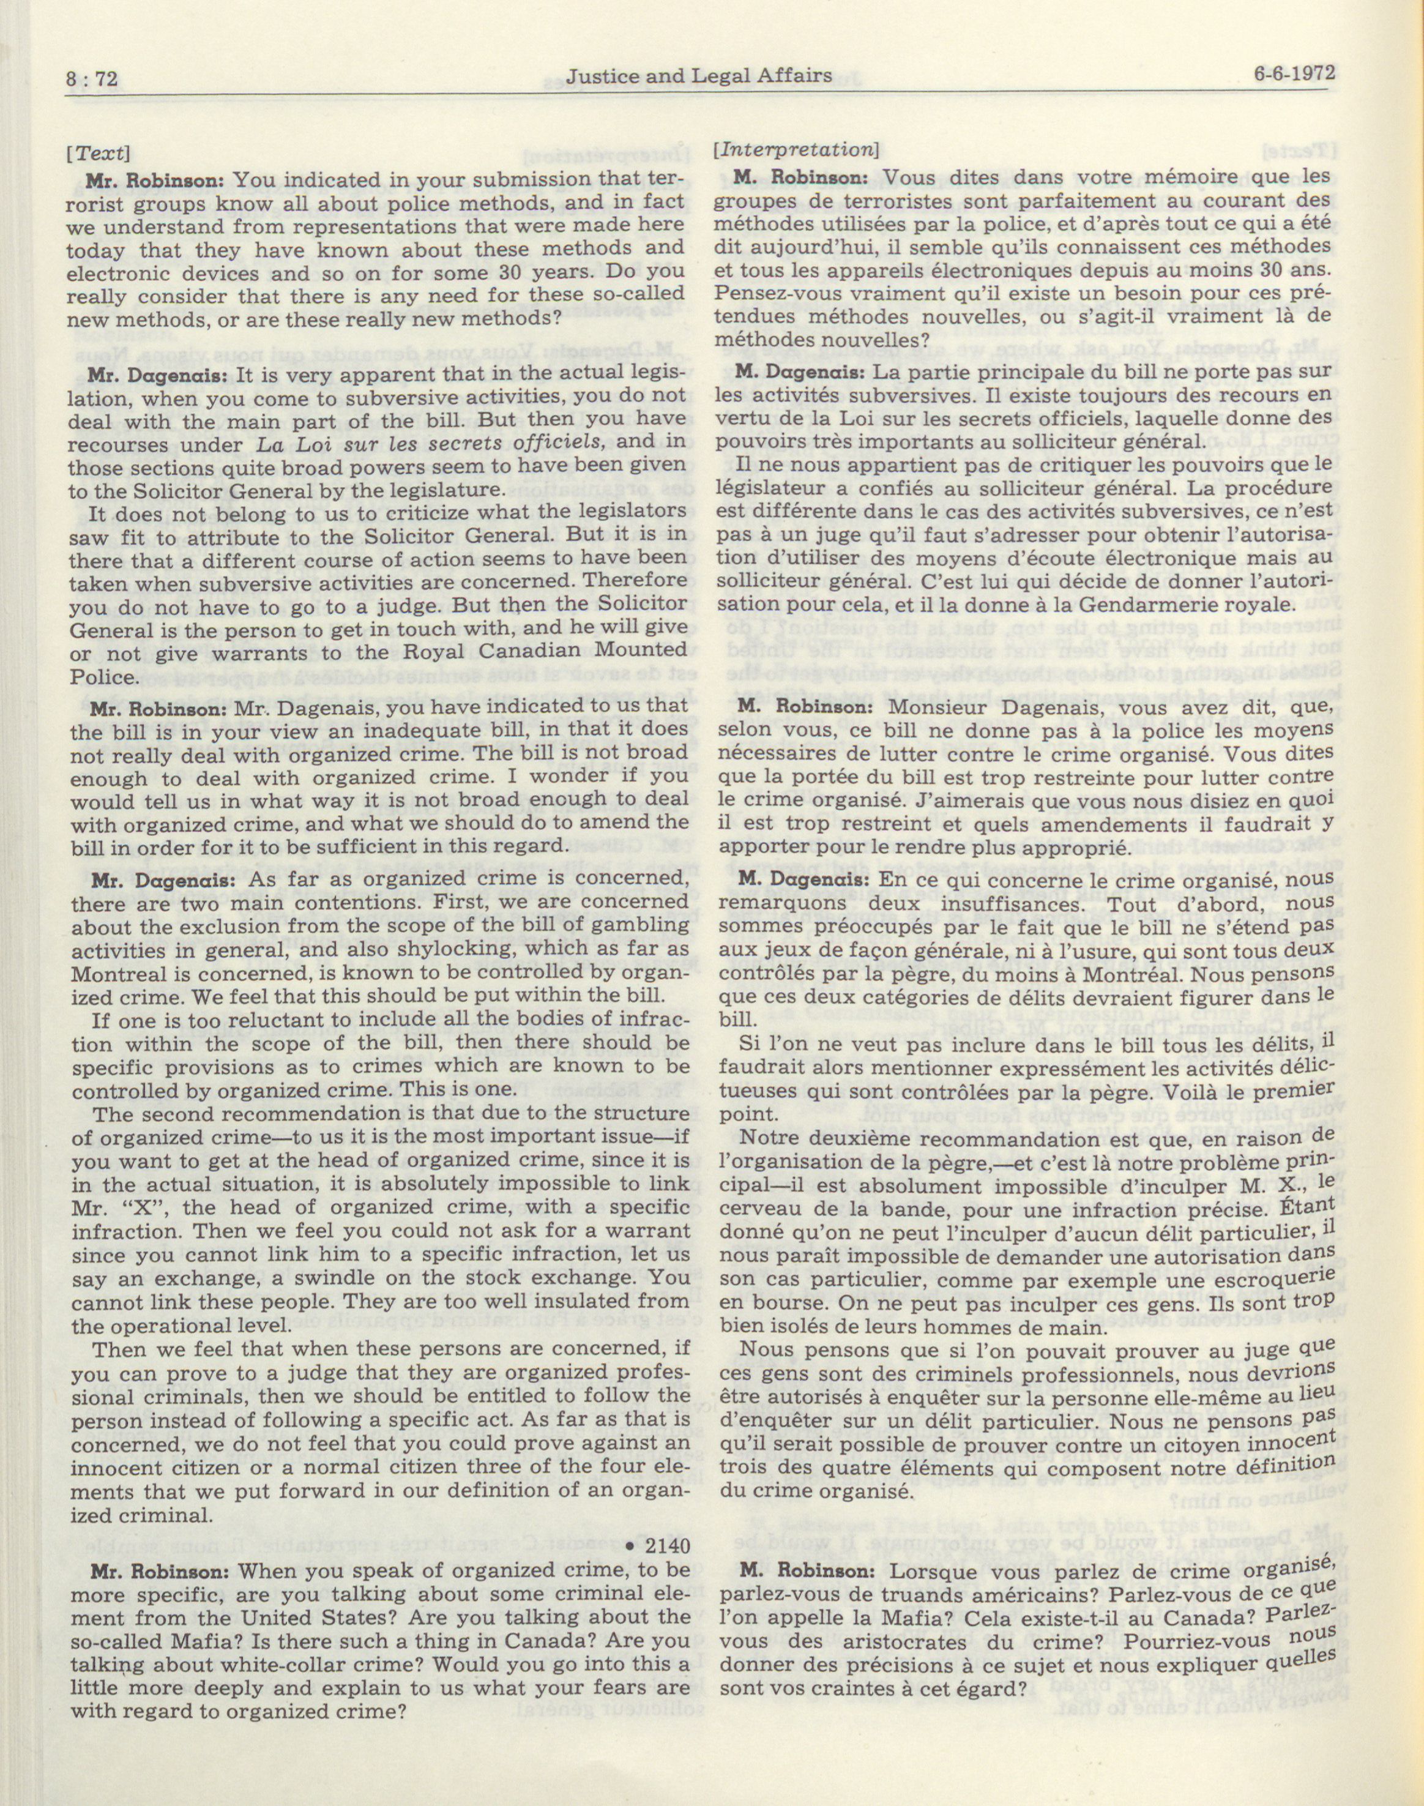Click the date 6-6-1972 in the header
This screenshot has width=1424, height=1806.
1295,73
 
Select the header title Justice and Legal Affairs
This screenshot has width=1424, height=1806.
699,76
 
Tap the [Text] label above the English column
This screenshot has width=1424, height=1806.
99,154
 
